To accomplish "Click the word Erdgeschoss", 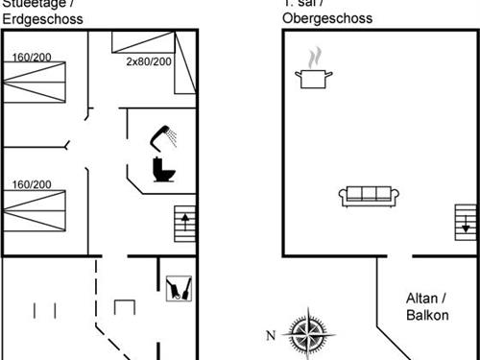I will point(41,19).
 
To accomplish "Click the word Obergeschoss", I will point(327,19).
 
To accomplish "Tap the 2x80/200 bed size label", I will point(149,60).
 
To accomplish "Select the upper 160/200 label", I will point(32,57).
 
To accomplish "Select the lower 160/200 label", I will point(32,184).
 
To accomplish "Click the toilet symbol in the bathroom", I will point(163,169).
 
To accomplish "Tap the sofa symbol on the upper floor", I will point(369,196).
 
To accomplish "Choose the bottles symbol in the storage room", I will point(175,288).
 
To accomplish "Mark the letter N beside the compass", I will point(271,334).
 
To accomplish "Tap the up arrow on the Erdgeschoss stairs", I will point(185,225).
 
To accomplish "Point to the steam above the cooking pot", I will point(311,59).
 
